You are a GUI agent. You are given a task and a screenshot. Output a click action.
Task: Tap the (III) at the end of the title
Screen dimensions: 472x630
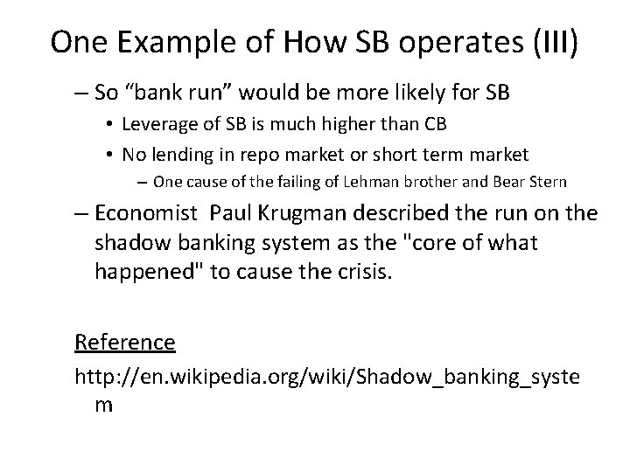point(549,42)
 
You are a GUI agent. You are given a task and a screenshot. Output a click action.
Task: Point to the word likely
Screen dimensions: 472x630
point(412,91)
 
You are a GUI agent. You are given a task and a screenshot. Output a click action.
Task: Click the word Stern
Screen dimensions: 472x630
point(546,182)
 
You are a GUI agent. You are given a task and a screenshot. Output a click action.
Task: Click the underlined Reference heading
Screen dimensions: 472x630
point(125,341)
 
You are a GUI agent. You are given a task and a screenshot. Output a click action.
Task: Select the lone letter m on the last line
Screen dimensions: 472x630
point(104,405)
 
